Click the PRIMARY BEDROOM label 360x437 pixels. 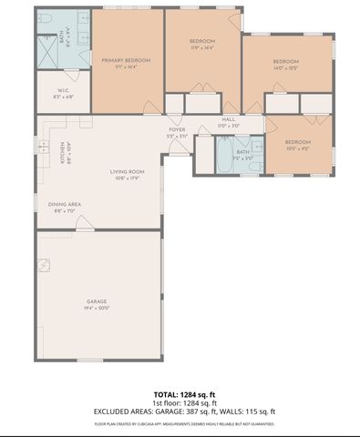128,60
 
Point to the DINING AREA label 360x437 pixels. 65,204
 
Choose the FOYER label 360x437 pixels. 177,130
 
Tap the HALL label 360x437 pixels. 229,120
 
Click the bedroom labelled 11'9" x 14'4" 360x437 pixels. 202,42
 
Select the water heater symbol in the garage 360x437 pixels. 45,265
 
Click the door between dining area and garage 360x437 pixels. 84,228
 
